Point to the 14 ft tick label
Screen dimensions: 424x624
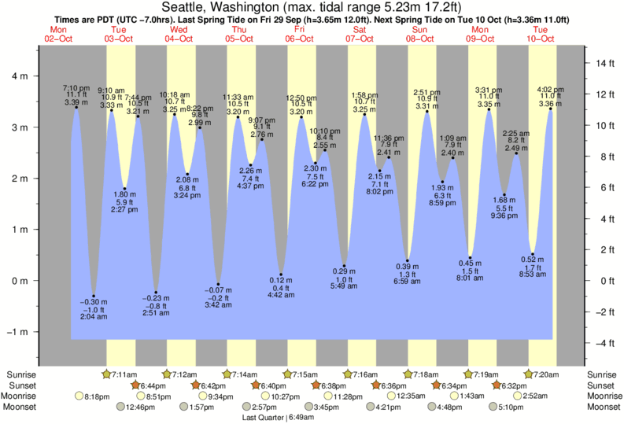(604, 63)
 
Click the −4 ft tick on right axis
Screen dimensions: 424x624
(604, 343)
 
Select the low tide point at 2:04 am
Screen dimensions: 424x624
(94, 296)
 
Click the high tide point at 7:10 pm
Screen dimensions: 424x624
(76, 108)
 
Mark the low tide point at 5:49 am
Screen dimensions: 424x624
(344, 266)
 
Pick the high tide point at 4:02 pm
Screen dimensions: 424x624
(550, 109)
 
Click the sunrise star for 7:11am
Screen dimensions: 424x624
(107, 374)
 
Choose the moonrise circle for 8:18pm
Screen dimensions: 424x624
(79, 396)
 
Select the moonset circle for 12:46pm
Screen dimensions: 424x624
(121, 407)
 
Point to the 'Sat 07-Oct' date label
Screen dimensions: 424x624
(359, 33)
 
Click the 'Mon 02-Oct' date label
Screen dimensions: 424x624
(58, 33)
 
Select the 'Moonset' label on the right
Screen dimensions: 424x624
(605, 407)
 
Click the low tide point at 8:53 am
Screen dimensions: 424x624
(534, 253)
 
